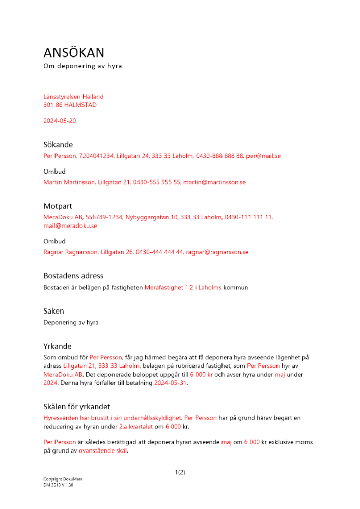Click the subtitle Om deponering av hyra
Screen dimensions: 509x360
(82, 66)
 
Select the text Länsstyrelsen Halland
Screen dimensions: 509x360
(73, 96)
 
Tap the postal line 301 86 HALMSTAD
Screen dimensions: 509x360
(70, 105)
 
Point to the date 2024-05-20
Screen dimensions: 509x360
(60, 121)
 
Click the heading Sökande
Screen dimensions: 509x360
(58, 145)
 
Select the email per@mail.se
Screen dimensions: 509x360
(263, 156)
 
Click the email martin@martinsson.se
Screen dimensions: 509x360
(214, 182)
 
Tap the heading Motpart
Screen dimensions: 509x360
(58, 206)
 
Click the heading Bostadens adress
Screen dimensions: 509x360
(73, 276)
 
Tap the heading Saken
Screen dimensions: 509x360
(54, 311)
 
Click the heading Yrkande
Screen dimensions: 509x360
(58, 346)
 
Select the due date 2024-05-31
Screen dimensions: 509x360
(171, 383)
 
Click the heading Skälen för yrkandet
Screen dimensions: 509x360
(77, 407)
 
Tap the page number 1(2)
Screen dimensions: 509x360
(180, 472)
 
